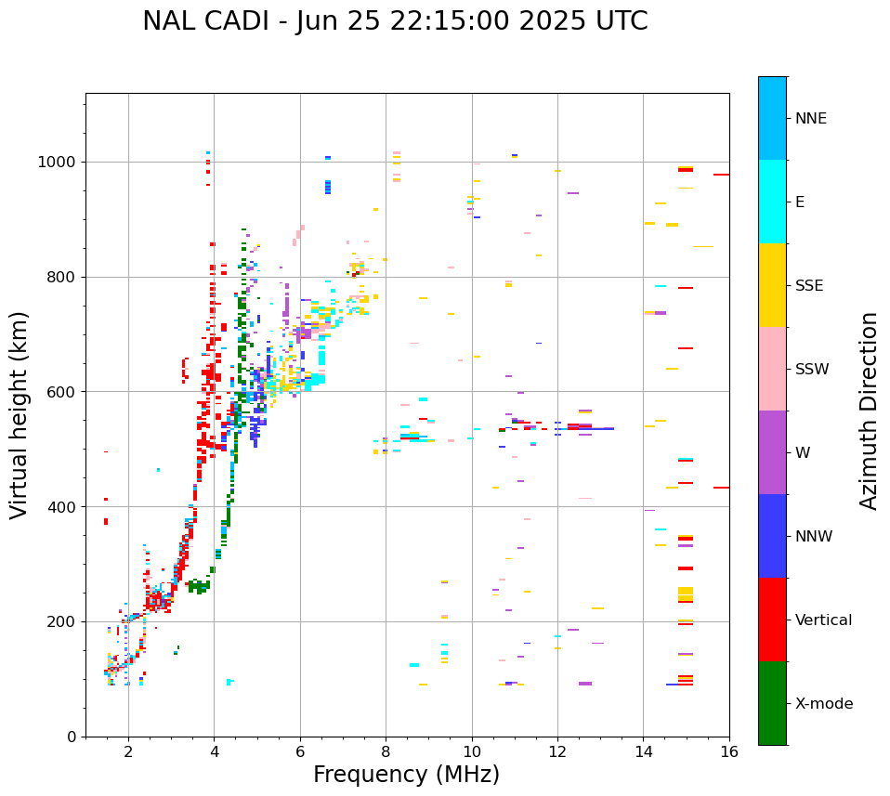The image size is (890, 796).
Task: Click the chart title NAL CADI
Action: point(395,21)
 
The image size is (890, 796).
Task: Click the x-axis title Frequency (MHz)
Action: point(406,775)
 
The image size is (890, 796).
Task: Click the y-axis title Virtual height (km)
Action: point(20,415)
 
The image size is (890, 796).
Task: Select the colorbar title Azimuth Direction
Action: point(869,411)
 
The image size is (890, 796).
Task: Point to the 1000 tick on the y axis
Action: point(61,163)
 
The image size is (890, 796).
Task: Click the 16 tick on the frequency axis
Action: point(729,750)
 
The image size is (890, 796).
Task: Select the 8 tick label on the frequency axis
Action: point(386,750)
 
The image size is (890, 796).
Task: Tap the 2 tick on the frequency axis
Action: point(128,750)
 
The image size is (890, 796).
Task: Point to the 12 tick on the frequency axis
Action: point(557,750)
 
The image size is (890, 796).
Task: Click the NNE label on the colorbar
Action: point(810,119)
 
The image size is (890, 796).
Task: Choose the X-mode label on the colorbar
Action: point(823,704)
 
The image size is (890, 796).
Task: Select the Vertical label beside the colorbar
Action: point(823,620)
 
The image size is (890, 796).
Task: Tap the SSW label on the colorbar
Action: point(812,370)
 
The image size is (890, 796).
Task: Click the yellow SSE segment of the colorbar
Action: point(772,285)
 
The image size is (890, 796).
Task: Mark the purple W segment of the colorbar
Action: point(772,452)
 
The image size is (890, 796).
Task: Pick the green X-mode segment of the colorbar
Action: point(772,703)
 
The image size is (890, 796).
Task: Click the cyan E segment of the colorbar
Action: point(772,202)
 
